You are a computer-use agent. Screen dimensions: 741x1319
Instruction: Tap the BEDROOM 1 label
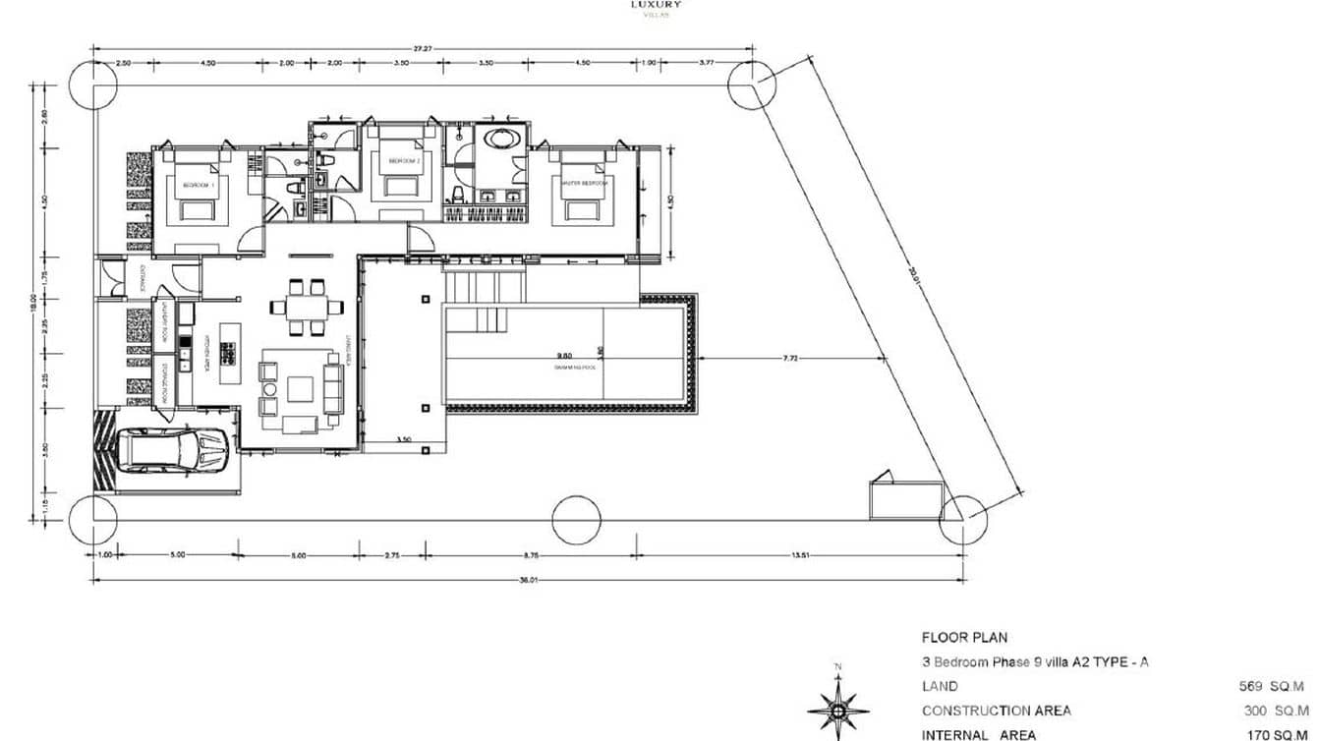[198, 185]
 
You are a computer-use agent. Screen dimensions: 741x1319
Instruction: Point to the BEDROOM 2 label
[404, 160]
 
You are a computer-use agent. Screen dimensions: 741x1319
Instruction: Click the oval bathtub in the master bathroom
[501, 139]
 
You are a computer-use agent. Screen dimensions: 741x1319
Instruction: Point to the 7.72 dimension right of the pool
[790, 359]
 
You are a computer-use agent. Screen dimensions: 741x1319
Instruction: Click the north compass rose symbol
[837, 708]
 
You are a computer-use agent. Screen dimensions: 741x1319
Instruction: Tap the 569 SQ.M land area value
[1272, 686]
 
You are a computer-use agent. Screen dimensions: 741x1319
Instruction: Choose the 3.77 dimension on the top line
[706, 62]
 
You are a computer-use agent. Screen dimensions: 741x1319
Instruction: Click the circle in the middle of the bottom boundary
[576, 520]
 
